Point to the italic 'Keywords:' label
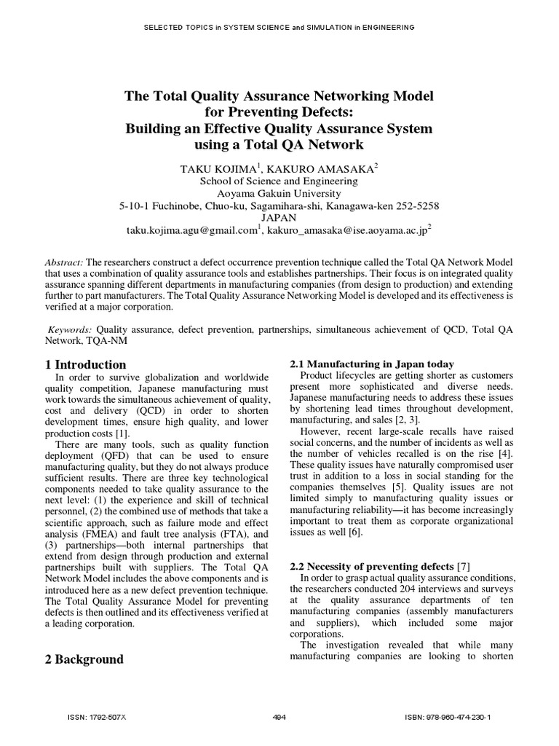pos(71,329)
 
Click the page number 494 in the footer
pos(279,718)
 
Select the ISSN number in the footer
pos(97,718)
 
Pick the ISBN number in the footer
pos(448,718)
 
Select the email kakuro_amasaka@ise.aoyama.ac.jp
pos(348,229)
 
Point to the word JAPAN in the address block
pos(279,217)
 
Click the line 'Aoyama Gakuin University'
pos(279,193)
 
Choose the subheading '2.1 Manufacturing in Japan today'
pos(371,364)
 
